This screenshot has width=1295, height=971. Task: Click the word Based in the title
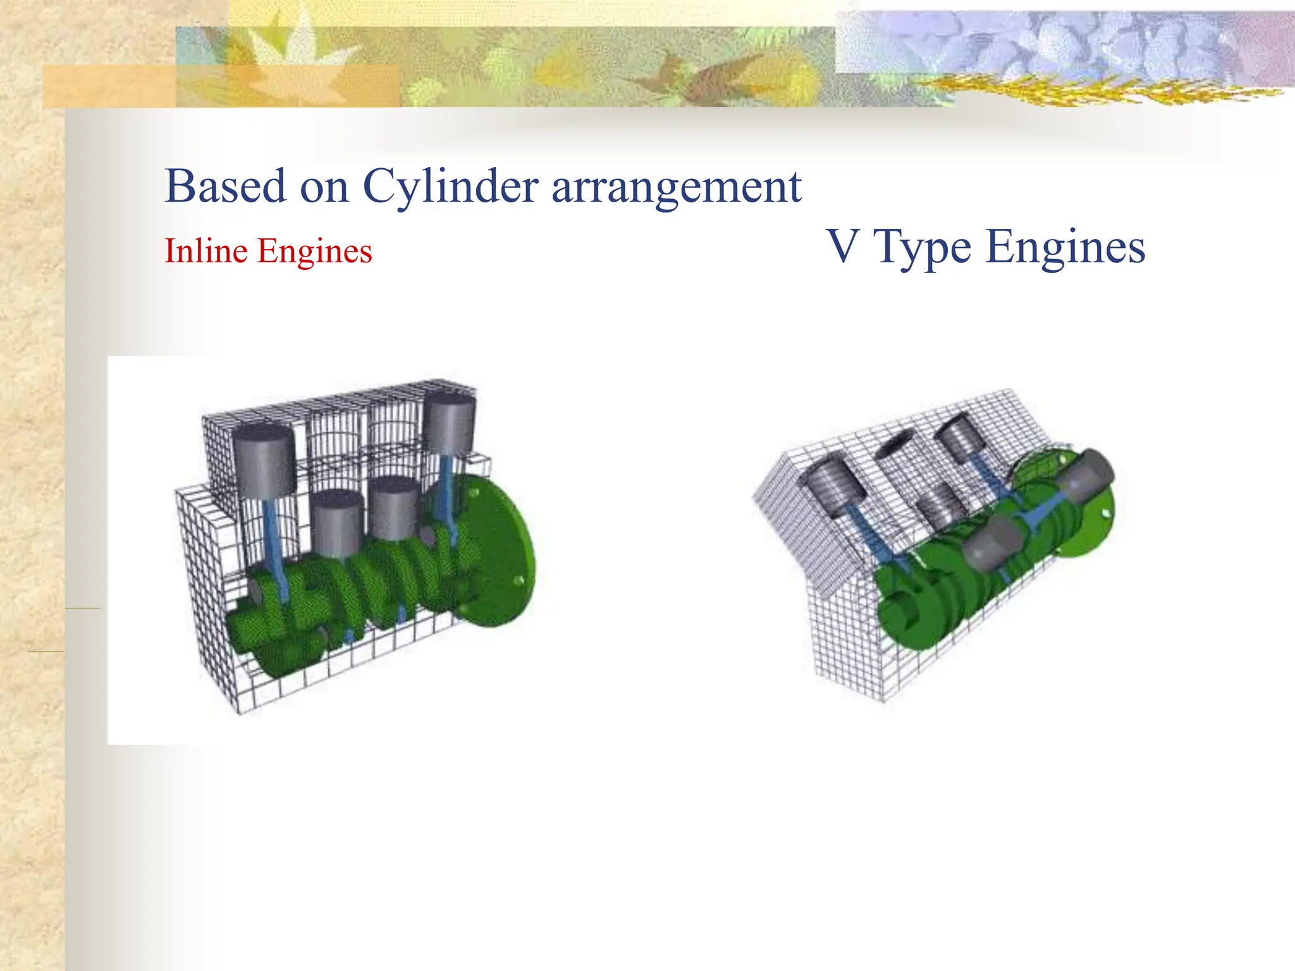[224, 186]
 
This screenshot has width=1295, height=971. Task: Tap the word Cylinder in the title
[450, 188]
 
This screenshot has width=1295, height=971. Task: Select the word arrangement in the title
[676, 188]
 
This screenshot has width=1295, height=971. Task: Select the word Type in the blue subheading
[921, 248]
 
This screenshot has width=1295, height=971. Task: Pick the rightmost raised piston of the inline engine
[449, 424]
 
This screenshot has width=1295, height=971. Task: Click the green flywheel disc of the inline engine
[500, 550]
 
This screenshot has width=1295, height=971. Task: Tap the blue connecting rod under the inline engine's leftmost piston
[274, 537]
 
